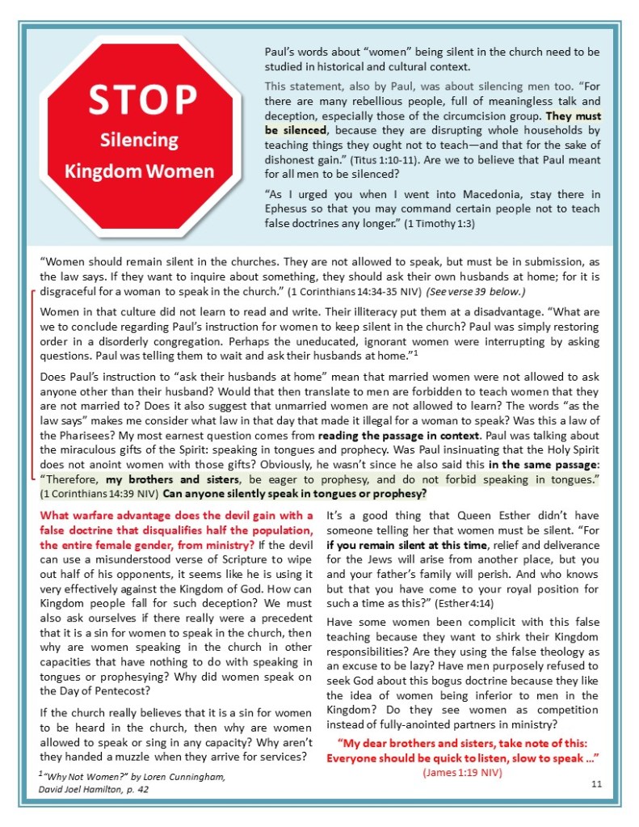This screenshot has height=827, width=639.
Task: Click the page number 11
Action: click(x=596, y=783)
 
